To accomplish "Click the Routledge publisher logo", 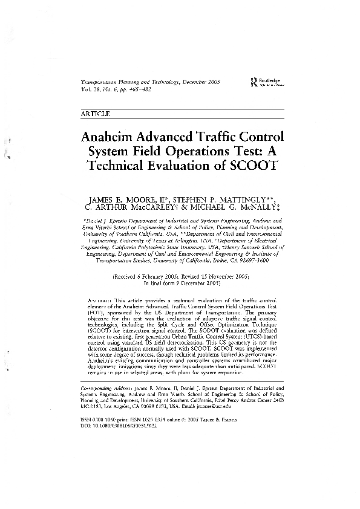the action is [261, 84].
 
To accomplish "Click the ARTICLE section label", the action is [94, 113].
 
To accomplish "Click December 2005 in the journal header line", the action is [201, 81].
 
